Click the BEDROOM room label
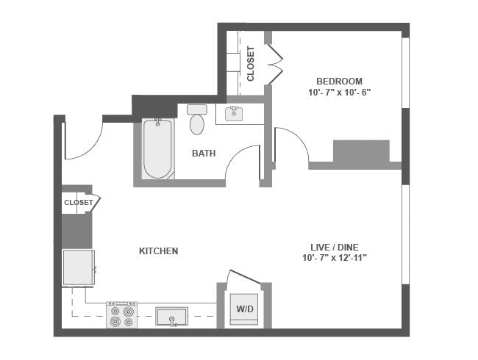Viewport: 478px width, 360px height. click(x=339, y=81)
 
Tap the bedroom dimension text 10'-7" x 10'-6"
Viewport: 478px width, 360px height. click(x=339, y=93)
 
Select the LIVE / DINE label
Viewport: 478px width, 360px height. click(x=334, y=247)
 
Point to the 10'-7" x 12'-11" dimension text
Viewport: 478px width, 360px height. click(x=334, y=258)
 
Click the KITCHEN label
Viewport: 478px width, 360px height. click(x=158, y=251)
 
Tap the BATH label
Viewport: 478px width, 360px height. click(x=204, y=154)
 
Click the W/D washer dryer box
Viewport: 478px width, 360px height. click(x=244, y=309)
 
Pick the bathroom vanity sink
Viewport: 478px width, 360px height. click(x=235, y=112)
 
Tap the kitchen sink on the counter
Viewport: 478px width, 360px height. click(x=171, y=317)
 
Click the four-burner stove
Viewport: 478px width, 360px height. click(x=121, y=316)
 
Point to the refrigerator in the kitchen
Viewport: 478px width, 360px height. click(x=78, y=267)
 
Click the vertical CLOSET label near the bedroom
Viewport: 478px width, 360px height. click(x=251, y=64)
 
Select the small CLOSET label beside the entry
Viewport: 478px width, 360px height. click(x=78, y=202)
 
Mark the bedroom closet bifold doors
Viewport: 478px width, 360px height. click(x=276, y=65)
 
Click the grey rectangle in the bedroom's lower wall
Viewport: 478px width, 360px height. click(x=360, y=152)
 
